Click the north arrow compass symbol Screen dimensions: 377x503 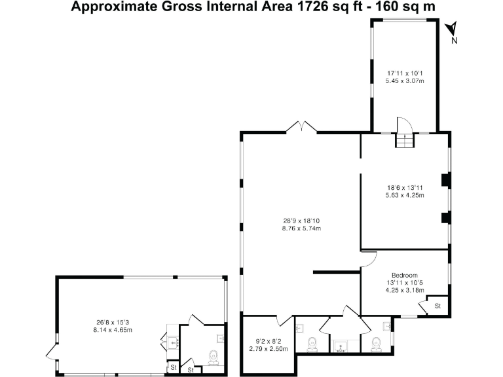coord(451,28)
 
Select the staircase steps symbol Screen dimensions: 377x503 coord(405,140)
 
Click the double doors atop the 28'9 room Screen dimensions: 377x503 coord(302,127)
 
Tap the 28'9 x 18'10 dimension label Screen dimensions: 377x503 coord(301,224)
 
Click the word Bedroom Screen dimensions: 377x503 coord(405,275)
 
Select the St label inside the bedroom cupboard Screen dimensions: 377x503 coord(438,306)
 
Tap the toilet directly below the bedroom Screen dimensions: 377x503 coord(375,343)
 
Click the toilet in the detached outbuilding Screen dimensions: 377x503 coord(213,357)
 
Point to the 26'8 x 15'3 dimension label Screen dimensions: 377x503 coord(114,326)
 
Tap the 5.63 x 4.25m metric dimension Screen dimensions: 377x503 coord(405,195)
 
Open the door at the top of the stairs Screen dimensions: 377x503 coord(403,124)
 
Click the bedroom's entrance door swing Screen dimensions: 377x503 coord(369,258)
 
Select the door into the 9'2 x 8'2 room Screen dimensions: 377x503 coord(284,321)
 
